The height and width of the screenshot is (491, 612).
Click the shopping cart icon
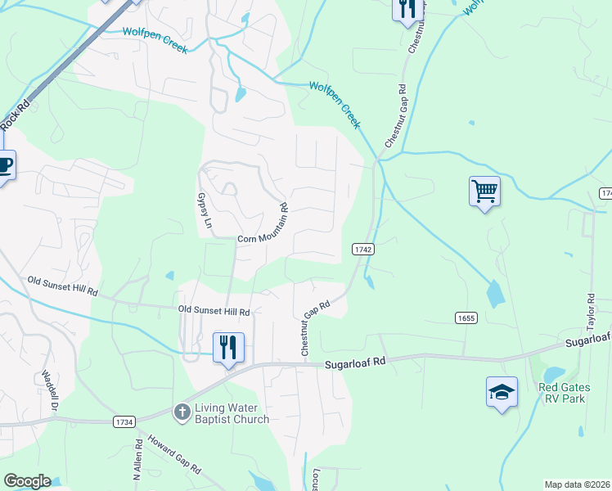(x=484, y=192)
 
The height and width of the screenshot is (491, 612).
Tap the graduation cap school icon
(x=502, y=392)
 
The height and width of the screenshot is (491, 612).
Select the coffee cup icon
(x=3, y=168)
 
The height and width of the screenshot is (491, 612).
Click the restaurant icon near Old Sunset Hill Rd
(x=228, y=347)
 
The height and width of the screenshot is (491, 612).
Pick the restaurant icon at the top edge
(x=406, y=8)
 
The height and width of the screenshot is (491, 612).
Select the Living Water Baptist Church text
(x=232, y=414)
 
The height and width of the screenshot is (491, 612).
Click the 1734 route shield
(x=124, y=421)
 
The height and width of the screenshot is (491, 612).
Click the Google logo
(x=28, y=481)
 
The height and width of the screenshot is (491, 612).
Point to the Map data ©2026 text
(x=578, y=484)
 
